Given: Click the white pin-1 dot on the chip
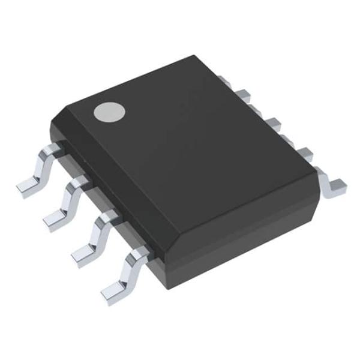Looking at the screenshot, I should [x=109, y=113].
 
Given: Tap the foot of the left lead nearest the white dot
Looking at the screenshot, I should [x=28, y=187].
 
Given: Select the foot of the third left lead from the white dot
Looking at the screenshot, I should [x=83, y=255].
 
